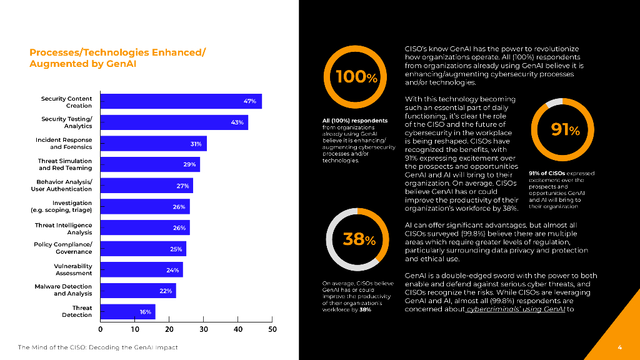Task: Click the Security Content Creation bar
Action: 181,101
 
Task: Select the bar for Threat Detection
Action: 127,311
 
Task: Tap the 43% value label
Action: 237,122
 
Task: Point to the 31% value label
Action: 196,144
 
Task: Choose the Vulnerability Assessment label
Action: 74,269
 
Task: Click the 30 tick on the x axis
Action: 204,329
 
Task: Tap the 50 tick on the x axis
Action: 272,329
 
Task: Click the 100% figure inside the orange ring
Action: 356,77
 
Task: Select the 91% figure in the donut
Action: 565,129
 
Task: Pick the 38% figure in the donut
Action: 359,239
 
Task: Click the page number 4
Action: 619,347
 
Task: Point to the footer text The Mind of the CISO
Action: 97,347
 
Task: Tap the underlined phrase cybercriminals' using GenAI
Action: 516,309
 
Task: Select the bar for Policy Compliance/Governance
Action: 143,249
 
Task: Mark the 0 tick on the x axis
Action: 101,329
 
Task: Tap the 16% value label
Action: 145,311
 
